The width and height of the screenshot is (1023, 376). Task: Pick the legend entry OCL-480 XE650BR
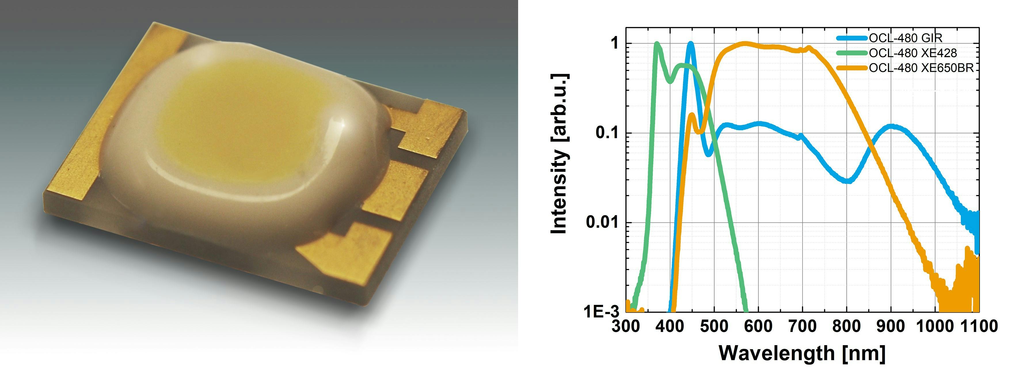pyautogui.click(x=921, y=68)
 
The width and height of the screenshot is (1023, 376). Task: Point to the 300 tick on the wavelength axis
pyautogui.click(x=626, y=326)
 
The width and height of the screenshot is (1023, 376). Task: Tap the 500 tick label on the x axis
pyautogui.click(x=714, y=326)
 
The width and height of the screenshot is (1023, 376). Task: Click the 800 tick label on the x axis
pyautogui.click(x=846, y=326)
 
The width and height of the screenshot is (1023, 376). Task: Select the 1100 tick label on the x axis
pyautogui.click(x=978, y=326)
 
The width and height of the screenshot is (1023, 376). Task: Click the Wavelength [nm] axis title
pyautogui.click(x=802, y=353)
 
